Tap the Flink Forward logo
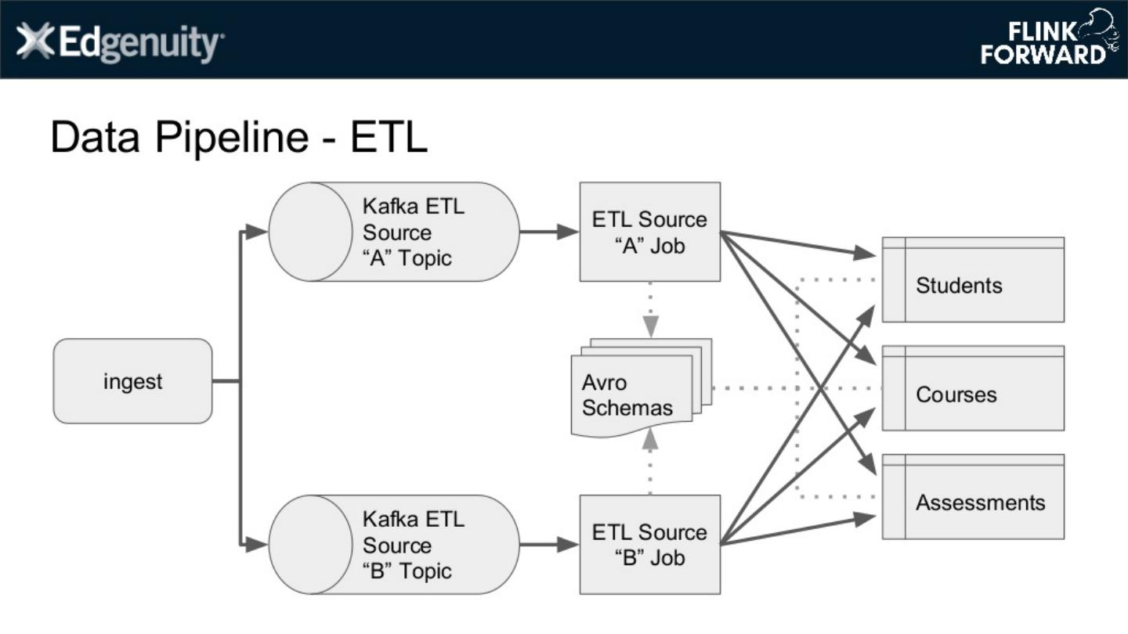coord(1048,39)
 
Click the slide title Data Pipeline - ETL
coord(239,137)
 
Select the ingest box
coord(132,381)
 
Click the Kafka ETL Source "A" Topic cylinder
coord(394,232)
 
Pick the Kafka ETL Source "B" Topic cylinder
coord(394,545)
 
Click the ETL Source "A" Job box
coord(649,232)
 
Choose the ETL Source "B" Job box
coord(649,545)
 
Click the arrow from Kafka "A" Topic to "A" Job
coord(548,232)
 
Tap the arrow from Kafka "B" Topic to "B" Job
coord(548,545)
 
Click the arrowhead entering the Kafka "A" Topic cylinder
coord(256,232)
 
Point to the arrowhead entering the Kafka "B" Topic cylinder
coord(256,545)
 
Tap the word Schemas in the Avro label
coord(627,408)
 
